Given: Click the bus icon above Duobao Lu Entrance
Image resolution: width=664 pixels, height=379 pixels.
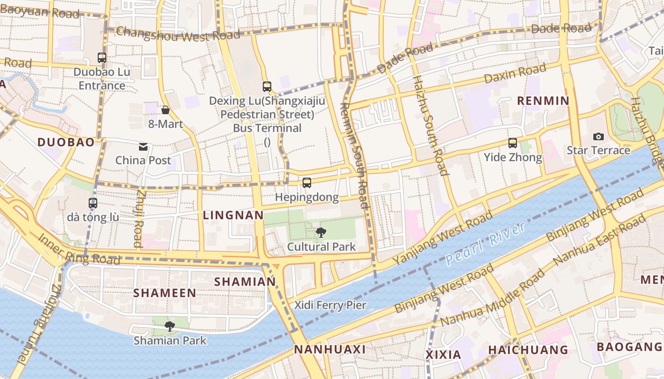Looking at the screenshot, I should (x=102, y=58).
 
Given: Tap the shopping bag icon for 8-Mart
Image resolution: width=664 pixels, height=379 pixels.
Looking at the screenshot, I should (x=166, y=110).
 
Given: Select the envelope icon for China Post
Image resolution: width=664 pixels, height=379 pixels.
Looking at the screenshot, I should (x=143, y=147).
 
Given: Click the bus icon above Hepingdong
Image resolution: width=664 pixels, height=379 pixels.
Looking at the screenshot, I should (x=307, y=183).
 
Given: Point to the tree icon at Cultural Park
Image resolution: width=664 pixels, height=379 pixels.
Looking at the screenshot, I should (x=321, y=232).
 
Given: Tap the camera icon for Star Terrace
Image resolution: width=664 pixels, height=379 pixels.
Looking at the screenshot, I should (x=599, y=136).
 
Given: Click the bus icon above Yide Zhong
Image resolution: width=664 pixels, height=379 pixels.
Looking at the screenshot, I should (x=513, y=143).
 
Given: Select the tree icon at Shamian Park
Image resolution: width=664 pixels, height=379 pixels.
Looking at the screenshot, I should (x=170, y=326).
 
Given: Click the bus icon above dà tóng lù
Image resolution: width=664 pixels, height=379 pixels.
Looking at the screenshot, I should (x=93, y=203).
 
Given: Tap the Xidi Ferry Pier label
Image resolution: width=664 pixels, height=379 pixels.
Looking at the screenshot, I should (x=331, y=305).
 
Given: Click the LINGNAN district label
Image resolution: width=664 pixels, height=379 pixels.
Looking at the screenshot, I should (x=233, y=215).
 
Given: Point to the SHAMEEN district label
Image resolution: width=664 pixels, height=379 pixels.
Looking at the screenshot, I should (x=165, y=293).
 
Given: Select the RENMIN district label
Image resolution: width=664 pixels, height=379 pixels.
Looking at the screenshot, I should (x=543, y=100).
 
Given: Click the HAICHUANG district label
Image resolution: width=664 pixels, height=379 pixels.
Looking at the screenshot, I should (x=528, y=350).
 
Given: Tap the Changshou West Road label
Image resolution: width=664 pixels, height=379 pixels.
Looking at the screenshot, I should (x=178, y=34).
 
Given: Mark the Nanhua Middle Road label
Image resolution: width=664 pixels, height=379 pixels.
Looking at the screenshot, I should (x=493, y=298).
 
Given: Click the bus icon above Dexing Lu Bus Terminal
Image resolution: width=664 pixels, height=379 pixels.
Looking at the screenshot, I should (x=267, y=87).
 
